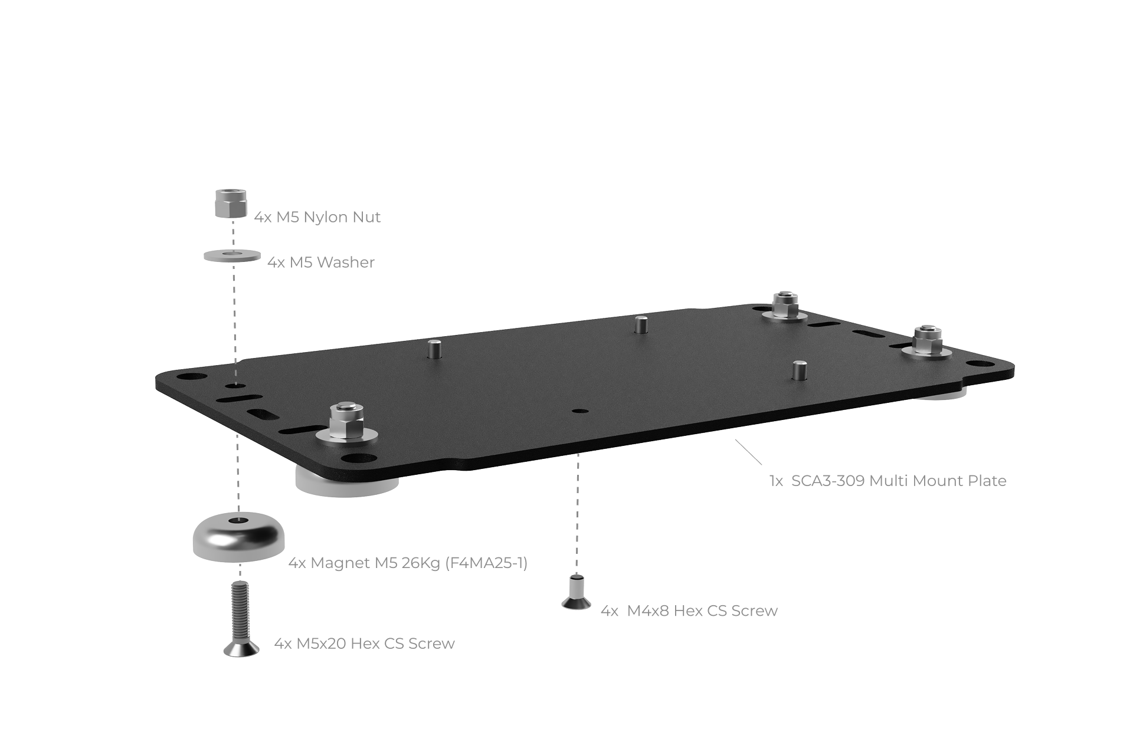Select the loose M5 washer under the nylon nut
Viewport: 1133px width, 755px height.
[x=233, y=255]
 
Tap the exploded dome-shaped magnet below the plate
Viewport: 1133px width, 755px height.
[x=239, y=536]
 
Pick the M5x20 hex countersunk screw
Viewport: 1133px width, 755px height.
[x=240, y=619]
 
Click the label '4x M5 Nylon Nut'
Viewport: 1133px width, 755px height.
[x=317, y=217]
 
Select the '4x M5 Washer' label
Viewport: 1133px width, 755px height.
[x=321, y=262]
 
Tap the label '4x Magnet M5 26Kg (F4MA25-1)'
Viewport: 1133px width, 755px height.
[x=408, y=563]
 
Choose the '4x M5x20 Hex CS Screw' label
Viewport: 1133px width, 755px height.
[x=365, y=643]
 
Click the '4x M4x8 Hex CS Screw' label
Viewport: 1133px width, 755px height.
[x=689, y=610]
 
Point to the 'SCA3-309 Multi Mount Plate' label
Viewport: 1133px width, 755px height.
[x=899, y=481]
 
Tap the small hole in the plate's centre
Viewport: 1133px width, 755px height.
[x=581, y=411]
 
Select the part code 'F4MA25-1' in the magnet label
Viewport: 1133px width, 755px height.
[x=486, y=563]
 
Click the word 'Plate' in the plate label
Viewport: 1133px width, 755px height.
[x=987, y=481]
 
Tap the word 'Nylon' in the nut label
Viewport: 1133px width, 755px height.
[x=326, y=218]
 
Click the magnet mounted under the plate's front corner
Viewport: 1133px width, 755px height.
[x=346, y=481]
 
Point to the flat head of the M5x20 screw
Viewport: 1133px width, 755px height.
[x=241, y=649]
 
